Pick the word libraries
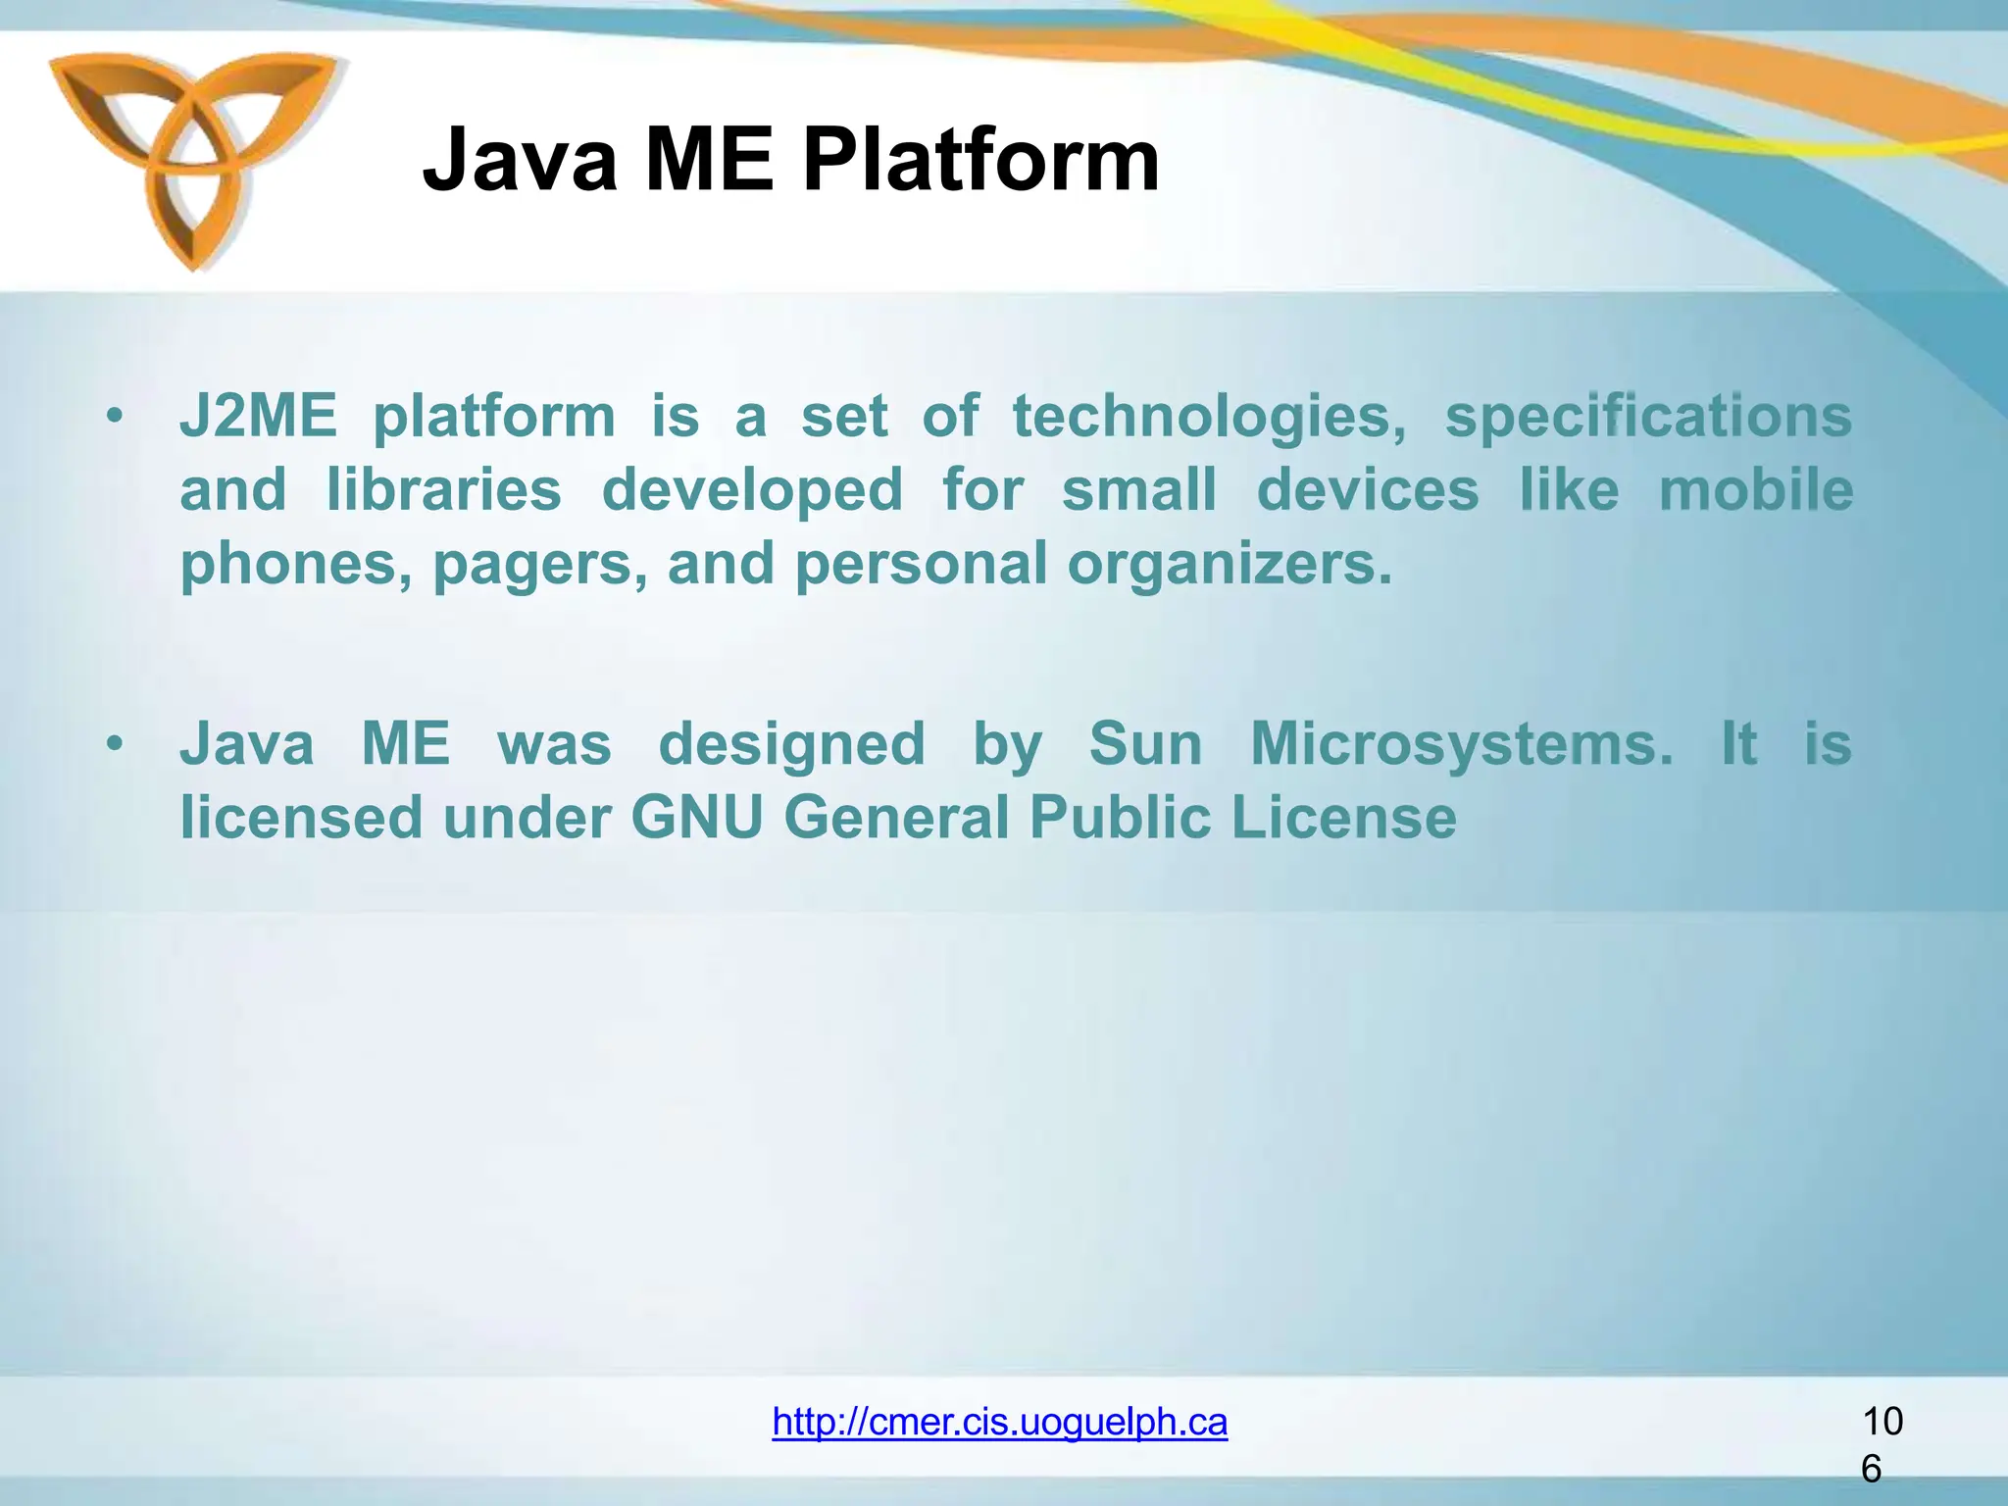point(444,490)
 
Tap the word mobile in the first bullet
point(1755,490)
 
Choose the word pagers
point(540,566)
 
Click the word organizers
point(1230,566)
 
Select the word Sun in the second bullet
point(1145,743)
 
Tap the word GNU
point(696,818)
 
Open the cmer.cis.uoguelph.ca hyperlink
point(999,1421)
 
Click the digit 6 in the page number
point(1871,1469)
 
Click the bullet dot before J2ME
point(116,417)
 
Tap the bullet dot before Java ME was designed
point(116,744)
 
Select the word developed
point(752,490)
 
